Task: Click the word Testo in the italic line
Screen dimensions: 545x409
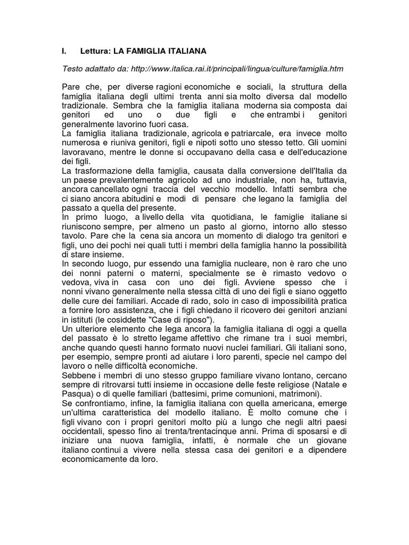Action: pos(73,69)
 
